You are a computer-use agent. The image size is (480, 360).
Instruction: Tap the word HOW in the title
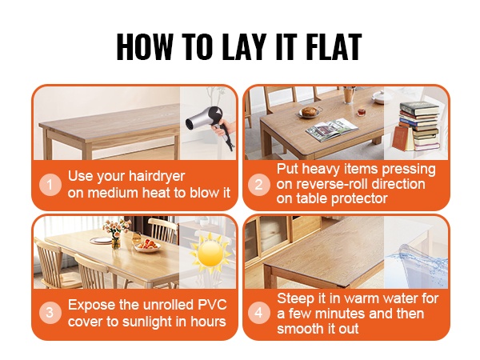click(x=145, y=46)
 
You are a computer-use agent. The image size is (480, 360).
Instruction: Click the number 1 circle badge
click(x=50, y=185)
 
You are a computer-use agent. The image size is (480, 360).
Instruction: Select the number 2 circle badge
click(x=258, y=185)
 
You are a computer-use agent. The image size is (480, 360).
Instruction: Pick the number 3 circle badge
click(x=50, y=313)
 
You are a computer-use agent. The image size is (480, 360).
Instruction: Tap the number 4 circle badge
click(x=258, y=313)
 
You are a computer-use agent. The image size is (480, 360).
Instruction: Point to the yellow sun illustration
click(x=210, y=253)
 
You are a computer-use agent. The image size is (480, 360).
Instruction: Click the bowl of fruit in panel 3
click(x=147, y=246)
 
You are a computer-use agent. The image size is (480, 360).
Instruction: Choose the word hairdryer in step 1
click(x=157, y=176)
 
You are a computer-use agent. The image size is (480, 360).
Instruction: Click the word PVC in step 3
click(x=212, y=305)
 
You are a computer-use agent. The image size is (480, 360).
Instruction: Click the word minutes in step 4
click(x=340, y=314)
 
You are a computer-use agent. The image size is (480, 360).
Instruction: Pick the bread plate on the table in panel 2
click(x=310, y=112)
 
